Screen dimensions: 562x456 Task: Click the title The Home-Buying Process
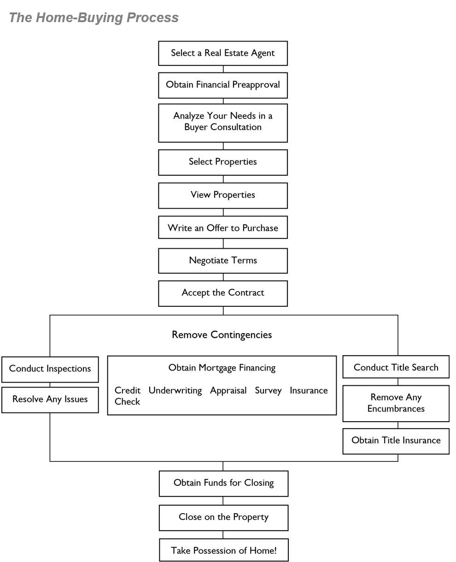click(94, 18)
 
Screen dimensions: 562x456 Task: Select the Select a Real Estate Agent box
click(223, 53)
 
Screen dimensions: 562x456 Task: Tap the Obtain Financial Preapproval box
click(223, 85)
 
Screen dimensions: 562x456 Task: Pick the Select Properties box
click(223, 162)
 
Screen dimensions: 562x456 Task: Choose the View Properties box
click(223, 195)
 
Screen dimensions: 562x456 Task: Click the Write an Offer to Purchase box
click(223, 228)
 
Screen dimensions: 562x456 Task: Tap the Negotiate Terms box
click(223, 261)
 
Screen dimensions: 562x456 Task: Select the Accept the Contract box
click(223, 293)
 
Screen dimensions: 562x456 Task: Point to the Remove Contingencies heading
click(222, 335)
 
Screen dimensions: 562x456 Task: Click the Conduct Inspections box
click(50, 369)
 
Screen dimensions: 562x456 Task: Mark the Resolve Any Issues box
click(50, 400)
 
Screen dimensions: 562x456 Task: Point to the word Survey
click(268, 391)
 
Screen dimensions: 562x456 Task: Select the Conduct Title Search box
click(396, 368)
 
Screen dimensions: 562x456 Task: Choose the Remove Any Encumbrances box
click(396, 403)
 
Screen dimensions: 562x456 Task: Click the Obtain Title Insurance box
click(396, 441)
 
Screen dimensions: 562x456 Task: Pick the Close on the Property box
click(224, 517)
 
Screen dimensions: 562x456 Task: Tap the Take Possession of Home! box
click(224, 550)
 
